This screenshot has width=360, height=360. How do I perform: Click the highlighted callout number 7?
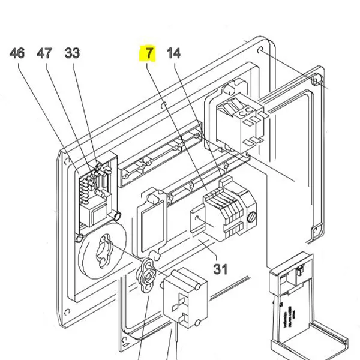pos(148,53)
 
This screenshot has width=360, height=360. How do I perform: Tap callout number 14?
pos(173,53)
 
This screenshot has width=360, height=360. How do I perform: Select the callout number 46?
pos(17,53)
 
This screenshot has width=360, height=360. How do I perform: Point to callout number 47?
pos(44,53)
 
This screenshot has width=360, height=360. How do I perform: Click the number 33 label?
pos(72,53)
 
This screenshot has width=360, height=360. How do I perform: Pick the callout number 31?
pos(220,268)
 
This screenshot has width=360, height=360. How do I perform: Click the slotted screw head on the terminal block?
pos(253,213)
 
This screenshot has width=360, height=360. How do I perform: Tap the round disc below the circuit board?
pos(99,255)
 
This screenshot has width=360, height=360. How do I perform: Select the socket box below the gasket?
pos(185,297)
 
